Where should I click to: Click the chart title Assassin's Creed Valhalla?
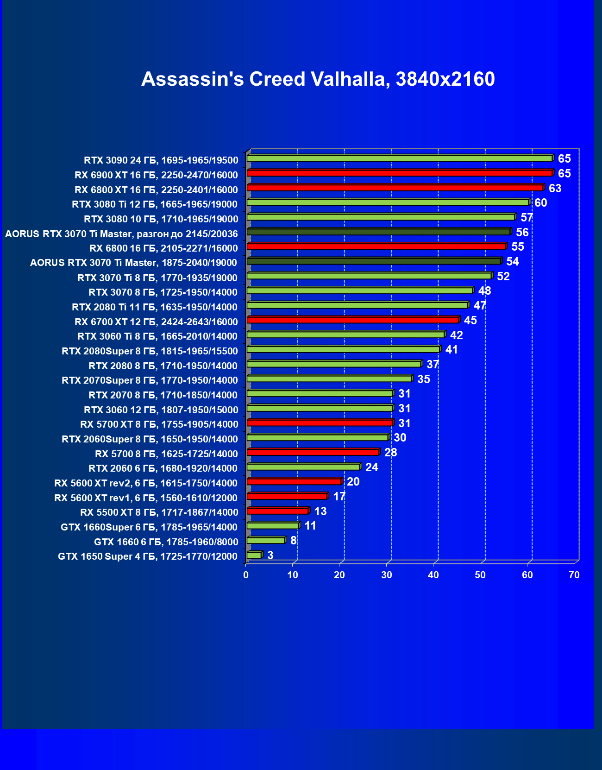coord(318,79)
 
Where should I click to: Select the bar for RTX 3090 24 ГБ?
coord(400,158)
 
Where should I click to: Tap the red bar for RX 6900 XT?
coord(400,173)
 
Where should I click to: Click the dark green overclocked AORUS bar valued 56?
coord(379,232)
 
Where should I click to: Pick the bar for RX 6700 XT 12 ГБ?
coord(353,320)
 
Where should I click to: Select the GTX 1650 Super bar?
coord(254,555)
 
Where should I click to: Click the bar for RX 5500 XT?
coord(278,511)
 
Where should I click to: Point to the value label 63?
coord(555,189)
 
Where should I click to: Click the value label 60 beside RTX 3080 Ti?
coord(540,203)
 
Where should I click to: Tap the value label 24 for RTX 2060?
coord(371,467)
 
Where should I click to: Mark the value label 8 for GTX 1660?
coord(293,541)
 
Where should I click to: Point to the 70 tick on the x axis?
coord(574,575)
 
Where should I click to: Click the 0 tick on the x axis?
coord(246,575)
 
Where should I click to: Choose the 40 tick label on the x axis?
coord(433,575)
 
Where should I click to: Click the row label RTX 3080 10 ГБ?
coord(161,219)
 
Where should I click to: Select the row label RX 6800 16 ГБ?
coord(163,248)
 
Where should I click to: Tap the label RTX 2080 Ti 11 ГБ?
coord(155,307)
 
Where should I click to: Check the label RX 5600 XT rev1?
coord(146,498)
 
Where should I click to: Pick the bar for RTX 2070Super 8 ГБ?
coord(329,379)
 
